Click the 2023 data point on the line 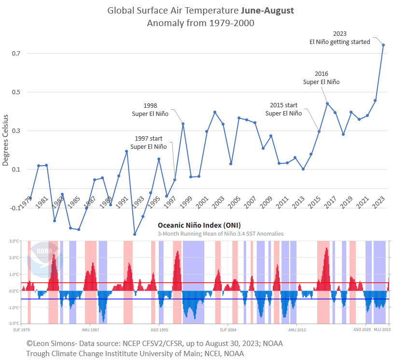pos(383,45)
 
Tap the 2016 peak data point pos(327,103)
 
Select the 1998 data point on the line pos(183,124)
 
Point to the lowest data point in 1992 pos(135,234)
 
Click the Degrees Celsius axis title pos(6,140)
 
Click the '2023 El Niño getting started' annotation pos(340,38)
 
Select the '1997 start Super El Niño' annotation pos(148,143)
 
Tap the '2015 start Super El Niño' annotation pos(283,109)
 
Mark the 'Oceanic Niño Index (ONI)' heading pos(199,225)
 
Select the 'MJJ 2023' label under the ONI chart pos(382,329)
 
